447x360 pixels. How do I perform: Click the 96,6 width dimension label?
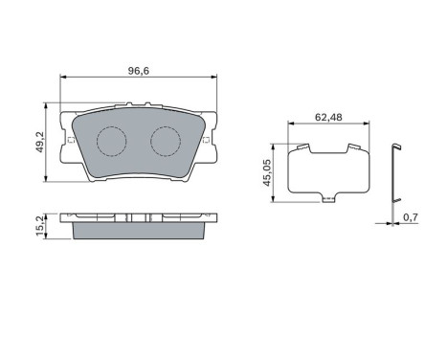tap(139, 71)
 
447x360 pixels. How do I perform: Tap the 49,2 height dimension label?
tap(39, 142)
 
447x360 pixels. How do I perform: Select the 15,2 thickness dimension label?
tap(39, 227)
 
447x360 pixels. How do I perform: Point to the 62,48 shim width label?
tap(328, 117)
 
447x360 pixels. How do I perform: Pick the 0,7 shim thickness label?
tap(411, 217)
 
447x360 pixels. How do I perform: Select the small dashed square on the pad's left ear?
tap(71, 140)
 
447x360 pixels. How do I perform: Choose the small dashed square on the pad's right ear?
tap(206, 140)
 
